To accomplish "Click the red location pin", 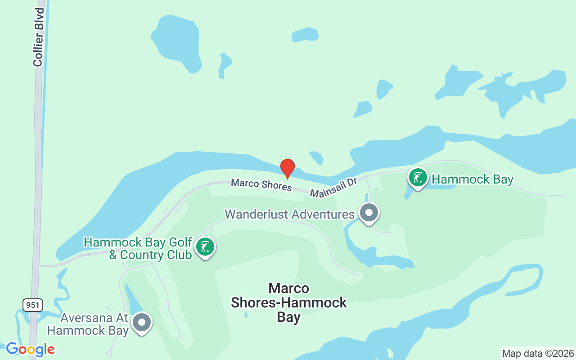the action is [x=288, y=168].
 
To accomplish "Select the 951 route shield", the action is [x=33, y=305].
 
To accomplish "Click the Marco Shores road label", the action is [x=261, y=184].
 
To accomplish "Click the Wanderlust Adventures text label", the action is [x=289, y=214].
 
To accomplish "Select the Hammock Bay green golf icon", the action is [x=418, y=178].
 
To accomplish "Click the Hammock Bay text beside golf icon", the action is [x=472, y=180].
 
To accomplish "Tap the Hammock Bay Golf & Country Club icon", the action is [x=205, y=247].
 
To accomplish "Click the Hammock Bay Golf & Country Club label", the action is [x=138, y=248].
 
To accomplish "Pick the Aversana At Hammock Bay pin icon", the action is [x=142, y=322].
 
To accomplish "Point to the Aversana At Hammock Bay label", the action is [x=88, y=324].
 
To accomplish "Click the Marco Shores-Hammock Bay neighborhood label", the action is [x=289, y=302].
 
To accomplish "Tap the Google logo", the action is [x=30, y=349].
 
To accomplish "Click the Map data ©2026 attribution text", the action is [x=538, y=353].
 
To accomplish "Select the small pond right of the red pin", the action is [x=316, y=157].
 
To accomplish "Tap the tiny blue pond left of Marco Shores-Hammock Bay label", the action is [x=246, y=315].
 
